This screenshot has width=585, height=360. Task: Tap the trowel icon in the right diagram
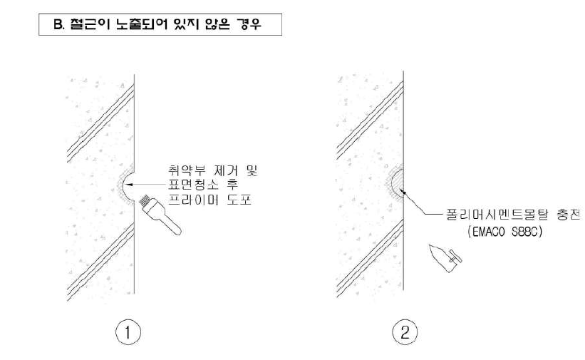pos(445,259)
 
